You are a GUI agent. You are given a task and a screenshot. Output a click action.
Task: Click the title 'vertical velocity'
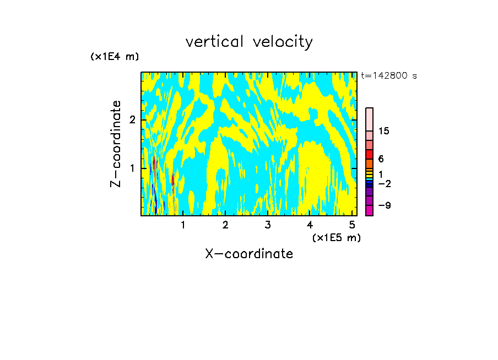coord(249,42)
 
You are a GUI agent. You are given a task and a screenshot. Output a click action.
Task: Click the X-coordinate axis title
coord(249,254)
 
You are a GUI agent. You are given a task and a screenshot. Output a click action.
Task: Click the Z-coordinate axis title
coord(116,144)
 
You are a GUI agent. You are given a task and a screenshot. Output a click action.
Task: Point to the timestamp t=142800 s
coord(389,76)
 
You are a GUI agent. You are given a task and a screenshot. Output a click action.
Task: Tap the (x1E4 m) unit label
coord(115,57)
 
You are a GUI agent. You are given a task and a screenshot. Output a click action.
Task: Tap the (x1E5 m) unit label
coord(336,237)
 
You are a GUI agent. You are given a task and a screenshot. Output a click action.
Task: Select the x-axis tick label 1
coord(183,225)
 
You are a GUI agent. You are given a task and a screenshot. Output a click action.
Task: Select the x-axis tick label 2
coord(225,225)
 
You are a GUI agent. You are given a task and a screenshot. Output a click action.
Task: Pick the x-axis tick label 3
coord(268,225)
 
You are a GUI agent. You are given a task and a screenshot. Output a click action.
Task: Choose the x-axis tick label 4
coord(310,225)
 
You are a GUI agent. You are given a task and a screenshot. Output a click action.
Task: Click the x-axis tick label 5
coord(352,225)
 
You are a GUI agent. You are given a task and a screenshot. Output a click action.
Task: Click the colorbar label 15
coord(384,131)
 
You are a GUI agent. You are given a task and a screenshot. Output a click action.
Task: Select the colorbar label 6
coord(381,159)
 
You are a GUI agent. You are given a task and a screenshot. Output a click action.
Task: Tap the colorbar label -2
coord(384,184)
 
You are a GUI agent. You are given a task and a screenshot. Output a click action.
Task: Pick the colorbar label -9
coord(384,206)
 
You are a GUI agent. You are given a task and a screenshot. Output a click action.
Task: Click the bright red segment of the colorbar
coord(369,154)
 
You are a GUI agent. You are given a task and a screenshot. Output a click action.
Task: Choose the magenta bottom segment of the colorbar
coord(369,210)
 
